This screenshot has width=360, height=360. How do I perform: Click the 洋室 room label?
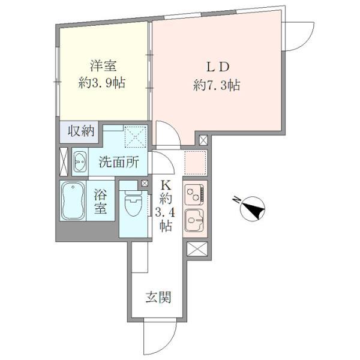(x=103, y=66)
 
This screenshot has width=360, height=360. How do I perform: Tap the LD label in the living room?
(x=218, y=67)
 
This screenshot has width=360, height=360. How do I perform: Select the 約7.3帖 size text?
(x=216, y=85)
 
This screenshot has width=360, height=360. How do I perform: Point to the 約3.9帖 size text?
(x=102, y=83)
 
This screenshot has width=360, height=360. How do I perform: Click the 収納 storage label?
(x=81, y=131)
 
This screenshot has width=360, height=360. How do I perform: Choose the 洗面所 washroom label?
(x=119, y=163)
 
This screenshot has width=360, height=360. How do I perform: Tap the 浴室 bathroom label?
(x=100, y=202)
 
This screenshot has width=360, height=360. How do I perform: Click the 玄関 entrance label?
(x=158, y=297)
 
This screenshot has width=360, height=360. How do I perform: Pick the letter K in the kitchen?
(x=166, y=185)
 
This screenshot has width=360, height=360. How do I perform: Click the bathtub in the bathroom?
(x=73, y=201)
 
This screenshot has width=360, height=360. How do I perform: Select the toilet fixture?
(x=134, y=203)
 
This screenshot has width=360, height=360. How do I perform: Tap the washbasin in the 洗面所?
(x=80, y=161)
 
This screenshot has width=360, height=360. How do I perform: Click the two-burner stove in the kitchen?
(x=194, y=194)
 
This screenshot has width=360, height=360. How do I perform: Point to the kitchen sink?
(x=194, y=220)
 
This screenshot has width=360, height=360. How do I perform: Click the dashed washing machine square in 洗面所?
(x=135, y=137)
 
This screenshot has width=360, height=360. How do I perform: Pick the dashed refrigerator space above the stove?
(x=195, y=163)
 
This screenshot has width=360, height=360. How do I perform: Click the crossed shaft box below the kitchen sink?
(x=197, y=249)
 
